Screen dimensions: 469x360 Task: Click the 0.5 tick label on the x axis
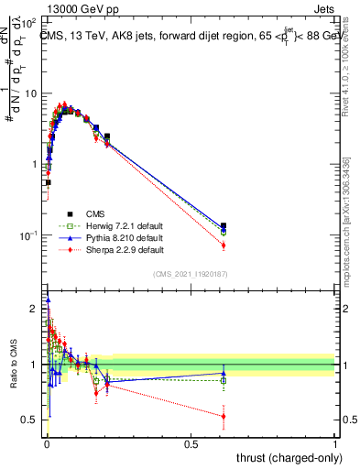[191, 443]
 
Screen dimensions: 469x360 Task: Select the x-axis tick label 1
[335, 443]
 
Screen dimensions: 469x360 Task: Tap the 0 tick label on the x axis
[47, 443]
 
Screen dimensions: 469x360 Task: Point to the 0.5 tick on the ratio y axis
[31, 420]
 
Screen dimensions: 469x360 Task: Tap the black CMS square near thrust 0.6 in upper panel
[224, 225]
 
